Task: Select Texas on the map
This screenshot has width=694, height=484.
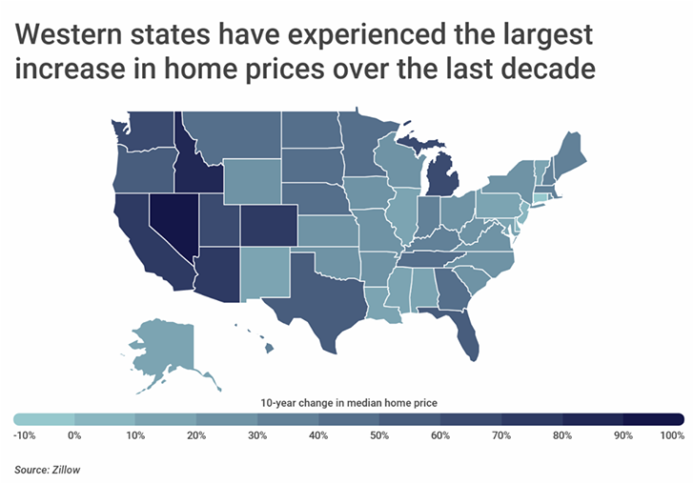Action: [319, 285]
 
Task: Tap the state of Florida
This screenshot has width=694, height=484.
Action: [466, 336]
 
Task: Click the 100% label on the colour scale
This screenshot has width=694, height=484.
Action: [672, 435]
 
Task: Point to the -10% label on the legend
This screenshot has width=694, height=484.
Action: [26, 435]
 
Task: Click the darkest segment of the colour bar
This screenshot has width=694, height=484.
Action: [654, 418]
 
